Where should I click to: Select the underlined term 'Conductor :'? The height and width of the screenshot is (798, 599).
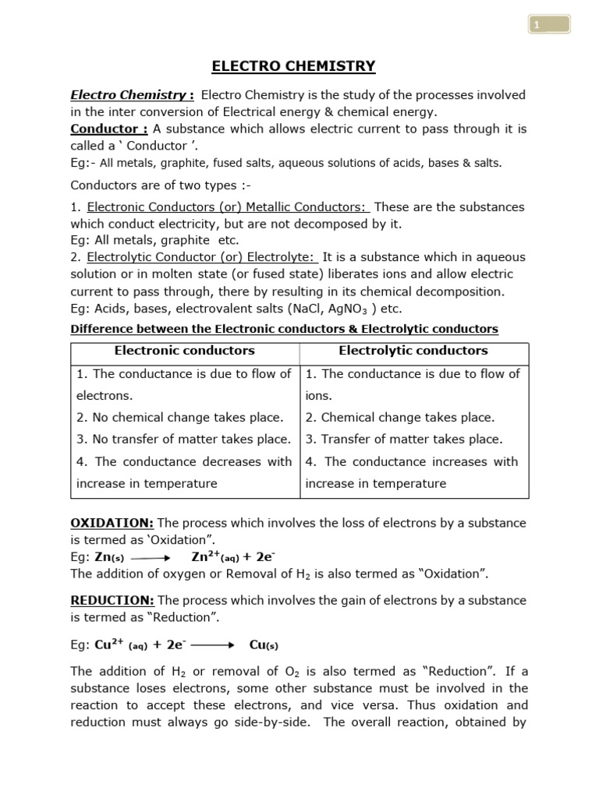point(109,129)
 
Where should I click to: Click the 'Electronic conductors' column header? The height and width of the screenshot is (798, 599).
point(185,351)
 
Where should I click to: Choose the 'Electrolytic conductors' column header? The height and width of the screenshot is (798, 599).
point(413,351)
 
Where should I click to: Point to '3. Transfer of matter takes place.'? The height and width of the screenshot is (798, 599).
point(404,440)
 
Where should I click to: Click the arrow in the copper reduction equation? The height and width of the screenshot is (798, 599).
point(212,645)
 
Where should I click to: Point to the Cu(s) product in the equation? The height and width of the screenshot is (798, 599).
point(264,645)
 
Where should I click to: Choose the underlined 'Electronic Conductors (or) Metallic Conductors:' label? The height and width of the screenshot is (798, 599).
point(228,207)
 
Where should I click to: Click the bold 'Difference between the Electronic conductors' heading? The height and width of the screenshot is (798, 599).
point(284,329)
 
